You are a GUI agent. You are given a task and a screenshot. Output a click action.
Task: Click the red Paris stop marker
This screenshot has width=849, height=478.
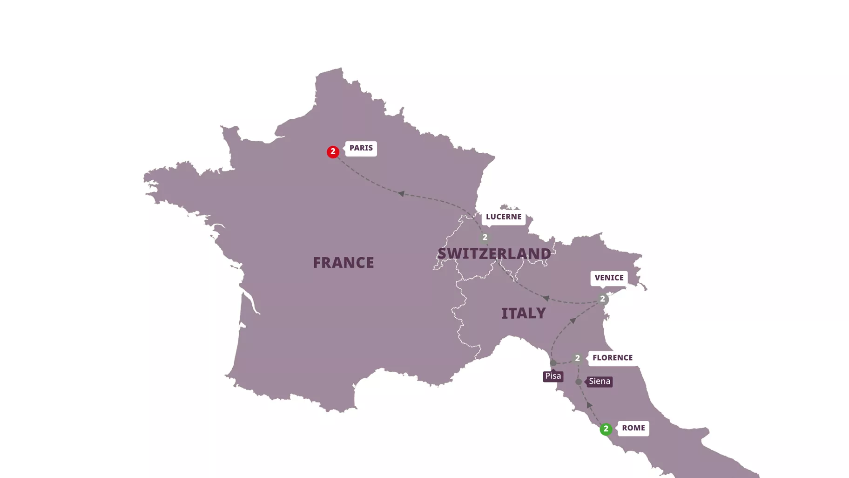[333, 152]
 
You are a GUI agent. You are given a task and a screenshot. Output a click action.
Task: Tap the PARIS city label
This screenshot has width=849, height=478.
[361, 148]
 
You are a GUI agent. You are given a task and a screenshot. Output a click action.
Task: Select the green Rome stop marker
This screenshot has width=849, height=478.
[606, 429]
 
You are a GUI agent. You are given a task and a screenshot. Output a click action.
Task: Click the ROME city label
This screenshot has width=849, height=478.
[633, 428]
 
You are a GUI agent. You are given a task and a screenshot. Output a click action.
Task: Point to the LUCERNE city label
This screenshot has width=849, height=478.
[504, 217]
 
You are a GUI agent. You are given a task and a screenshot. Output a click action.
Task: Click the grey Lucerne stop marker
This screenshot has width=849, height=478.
[485, 238]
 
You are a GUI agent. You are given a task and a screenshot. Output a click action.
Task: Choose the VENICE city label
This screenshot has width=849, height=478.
[609, 278]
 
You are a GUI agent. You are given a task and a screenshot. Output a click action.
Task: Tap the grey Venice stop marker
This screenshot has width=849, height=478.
[602, 299]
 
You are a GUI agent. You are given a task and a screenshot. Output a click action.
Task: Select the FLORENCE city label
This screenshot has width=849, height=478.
[612, 358]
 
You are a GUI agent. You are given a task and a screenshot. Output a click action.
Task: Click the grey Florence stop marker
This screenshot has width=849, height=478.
[577, 358]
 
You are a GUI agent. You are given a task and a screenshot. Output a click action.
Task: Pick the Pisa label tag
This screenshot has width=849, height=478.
[553, 376]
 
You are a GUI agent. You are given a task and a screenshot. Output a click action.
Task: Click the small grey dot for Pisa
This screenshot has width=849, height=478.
[553, 363]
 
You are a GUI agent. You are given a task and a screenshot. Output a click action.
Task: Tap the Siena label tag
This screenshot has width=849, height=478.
[599, 382]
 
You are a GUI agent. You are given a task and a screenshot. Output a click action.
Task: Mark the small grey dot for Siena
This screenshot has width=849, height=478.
[579, 382]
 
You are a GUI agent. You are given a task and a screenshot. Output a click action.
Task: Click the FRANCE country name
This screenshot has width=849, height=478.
[344, 263]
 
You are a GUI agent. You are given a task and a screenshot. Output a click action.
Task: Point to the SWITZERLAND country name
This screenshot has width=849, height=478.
[494, 254]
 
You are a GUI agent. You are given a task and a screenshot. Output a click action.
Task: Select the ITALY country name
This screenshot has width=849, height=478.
[523, 314]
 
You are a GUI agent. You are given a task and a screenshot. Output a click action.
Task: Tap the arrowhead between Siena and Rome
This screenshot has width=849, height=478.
[589, 405]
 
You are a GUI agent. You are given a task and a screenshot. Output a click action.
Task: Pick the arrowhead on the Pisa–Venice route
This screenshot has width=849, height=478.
[573, 321]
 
